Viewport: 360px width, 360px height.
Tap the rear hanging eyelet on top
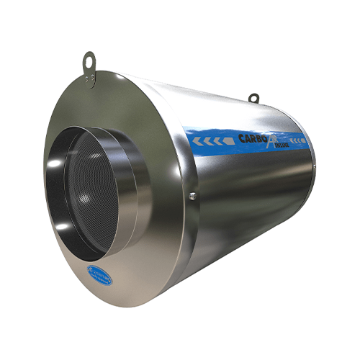[x=253, y=97]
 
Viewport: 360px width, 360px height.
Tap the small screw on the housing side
[x=193, y=194]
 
